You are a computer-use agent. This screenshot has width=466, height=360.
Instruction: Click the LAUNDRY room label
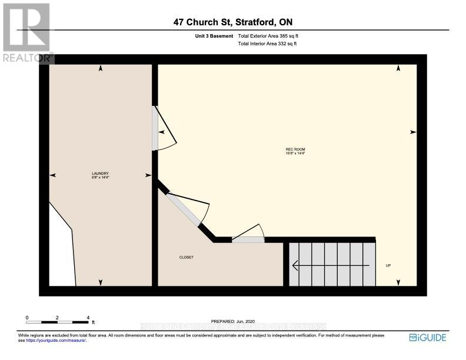tap(101, 173)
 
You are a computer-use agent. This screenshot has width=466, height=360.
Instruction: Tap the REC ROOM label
tap(295, 149)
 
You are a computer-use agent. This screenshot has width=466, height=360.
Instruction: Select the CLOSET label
tap(187, 258)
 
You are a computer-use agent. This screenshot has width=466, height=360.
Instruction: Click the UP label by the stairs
tap(388, 266)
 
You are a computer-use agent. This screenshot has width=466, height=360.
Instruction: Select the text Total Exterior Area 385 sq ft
tap(272, 36)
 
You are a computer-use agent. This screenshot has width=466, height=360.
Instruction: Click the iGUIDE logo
tap(428, 338)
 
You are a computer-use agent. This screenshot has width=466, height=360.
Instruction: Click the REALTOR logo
tap(26, 32)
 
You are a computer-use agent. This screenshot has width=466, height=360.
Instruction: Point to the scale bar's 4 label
tap(88, 318)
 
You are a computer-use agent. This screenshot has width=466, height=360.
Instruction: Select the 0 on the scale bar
tap(27, 318)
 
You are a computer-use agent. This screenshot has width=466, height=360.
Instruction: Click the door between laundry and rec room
tap(155, 128)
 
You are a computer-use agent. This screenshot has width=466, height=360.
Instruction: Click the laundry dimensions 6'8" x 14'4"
tap(101, 177)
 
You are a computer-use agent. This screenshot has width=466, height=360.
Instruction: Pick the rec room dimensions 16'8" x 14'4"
tap(295, 154)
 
